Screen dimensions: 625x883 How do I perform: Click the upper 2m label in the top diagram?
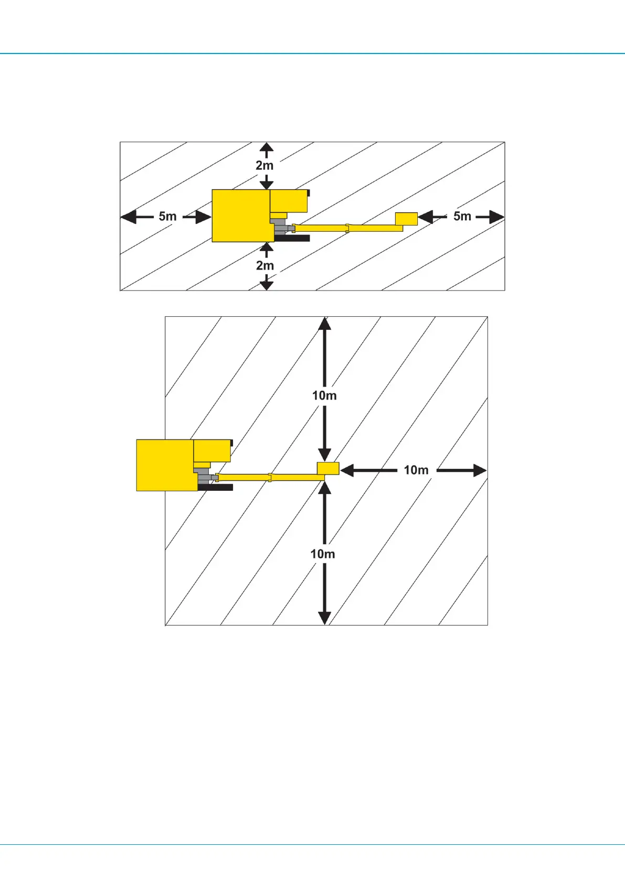click(264, 165)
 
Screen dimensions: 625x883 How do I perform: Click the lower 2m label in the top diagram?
click(265, 265)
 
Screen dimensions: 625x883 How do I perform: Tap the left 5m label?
click(167, 216)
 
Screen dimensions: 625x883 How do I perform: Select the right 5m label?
click(462, 216)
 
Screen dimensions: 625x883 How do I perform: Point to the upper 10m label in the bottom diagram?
click(324, 395)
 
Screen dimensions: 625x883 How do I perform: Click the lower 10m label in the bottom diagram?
click(322, 554)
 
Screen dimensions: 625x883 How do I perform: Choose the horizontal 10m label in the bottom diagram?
click(416, 470)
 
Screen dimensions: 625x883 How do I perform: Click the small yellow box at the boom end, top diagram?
click(406, 219)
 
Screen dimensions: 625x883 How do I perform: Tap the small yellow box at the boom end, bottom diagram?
click(328, 468)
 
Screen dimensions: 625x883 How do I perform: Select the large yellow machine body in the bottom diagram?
click(165, 465)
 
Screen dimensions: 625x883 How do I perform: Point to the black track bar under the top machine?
click(292, 238)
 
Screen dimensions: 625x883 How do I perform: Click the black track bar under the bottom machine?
click(216, 488)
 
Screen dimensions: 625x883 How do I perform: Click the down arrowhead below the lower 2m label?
click(267, 285)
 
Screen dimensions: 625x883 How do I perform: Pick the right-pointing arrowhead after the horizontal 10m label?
click(480, 470)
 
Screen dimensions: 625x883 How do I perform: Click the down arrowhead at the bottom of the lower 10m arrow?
click(325, 617)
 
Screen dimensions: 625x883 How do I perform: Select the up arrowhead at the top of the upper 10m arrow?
click(325, 324)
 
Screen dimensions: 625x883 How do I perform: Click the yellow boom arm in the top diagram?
click(346, 228)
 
